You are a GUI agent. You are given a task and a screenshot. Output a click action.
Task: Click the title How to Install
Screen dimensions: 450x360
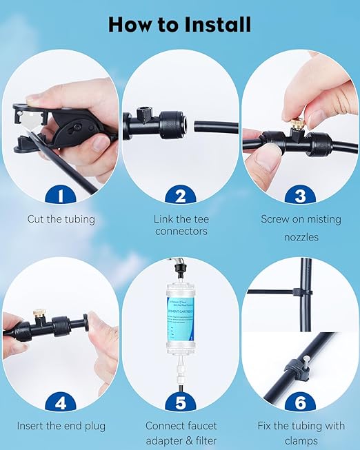point(180,25)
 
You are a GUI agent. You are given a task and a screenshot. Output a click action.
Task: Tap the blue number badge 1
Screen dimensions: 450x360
point(60,196)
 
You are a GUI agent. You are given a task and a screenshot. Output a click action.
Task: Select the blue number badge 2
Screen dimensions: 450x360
point(180,196)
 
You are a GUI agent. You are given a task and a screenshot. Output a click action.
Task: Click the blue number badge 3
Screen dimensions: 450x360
point(300,196)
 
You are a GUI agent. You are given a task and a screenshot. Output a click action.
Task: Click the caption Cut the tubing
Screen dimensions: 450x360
point(60,219)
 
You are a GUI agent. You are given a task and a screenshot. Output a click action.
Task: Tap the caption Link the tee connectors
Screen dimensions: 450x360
point(180,225)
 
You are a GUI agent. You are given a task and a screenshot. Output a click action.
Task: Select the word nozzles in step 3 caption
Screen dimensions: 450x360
point(300,237)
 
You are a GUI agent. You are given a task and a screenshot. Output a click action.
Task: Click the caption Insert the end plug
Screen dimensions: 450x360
point(60,427)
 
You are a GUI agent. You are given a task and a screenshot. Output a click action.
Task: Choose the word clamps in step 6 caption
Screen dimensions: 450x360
point(300,441)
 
